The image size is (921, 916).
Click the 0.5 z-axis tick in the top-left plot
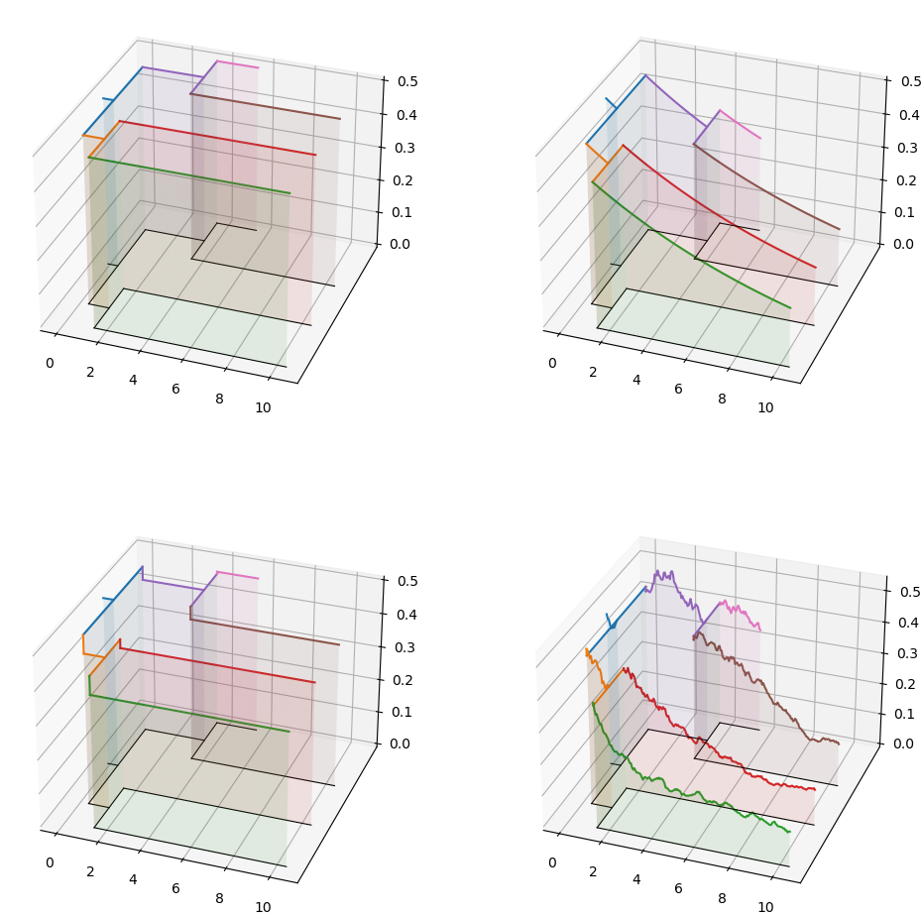pos(406,81)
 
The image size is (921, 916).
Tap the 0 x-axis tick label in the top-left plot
pos(50,363)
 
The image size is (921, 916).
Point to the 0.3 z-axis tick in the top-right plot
pos(909,147)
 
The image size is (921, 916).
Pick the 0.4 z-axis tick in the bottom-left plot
pos(406,614)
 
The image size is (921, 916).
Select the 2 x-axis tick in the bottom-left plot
pos(90,871)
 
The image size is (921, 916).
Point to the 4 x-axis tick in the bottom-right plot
pos(635,878)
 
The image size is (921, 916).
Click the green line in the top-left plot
pos(188,174)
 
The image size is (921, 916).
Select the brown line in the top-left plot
pos(268,107)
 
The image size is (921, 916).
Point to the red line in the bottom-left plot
pos(218,665)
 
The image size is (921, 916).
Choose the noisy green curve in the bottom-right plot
pos(694,793)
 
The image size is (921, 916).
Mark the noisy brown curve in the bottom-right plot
pos(763,684)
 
